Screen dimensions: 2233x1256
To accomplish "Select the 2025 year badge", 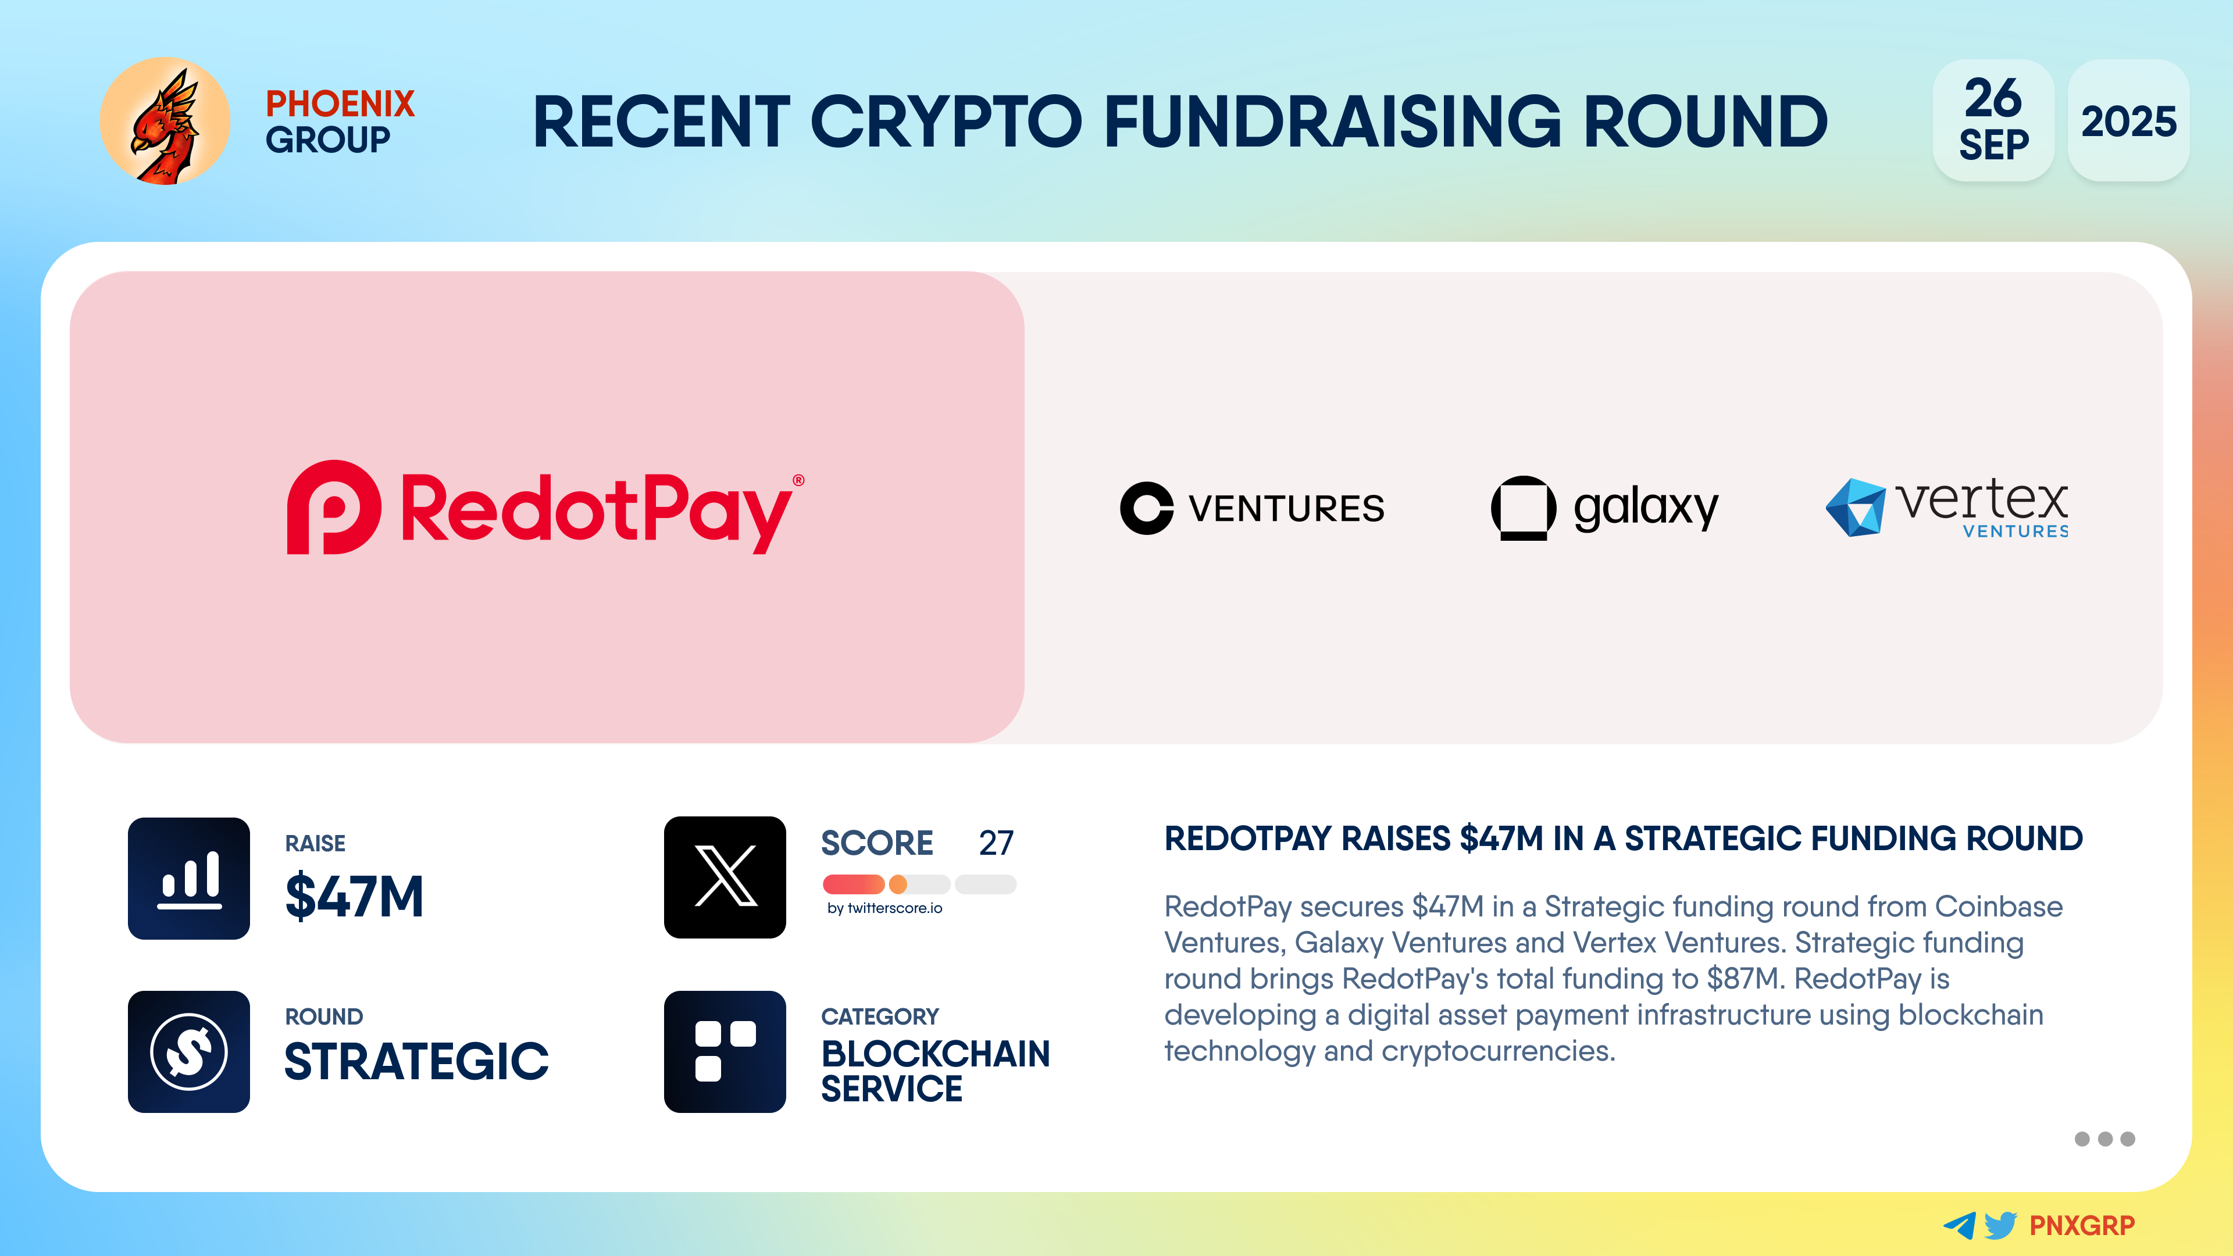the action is coord(2128,120).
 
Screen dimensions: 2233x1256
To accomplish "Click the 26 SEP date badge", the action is coord(1993,120).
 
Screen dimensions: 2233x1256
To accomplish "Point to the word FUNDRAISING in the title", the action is coord(1332,122).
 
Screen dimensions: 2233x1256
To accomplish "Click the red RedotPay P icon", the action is coord(334,507).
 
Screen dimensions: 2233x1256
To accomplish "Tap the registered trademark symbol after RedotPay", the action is coord(798,480).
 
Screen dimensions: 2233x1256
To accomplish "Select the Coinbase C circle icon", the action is coord(1146,508).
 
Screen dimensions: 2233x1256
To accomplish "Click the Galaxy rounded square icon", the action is coord(1523,508).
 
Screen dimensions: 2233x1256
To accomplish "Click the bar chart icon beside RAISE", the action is coord(189,878).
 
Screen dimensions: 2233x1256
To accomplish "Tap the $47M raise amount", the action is coord(355,896).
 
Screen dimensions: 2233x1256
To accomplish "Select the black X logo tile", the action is coord(725,877).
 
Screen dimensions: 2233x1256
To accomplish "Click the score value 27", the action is coord(996,843).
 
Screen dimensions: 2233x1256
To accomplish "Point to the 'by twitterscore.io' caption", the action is coord(884,908).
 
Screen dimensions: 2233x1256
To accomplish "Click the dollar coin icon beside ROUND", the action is coord(189,1051).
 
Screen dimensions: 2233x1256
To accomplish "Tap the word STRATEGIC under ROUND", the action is coord(417,1062).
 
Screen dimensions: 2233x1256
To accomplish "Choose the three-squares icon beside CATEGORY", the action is coord(725,1051).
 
